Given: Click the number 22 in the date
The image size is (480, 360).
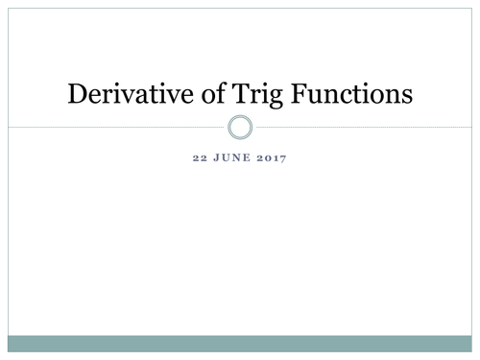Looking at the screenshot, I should (200, 158).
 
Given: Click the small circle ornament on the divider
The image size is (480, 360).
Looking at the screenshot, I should (241, 127).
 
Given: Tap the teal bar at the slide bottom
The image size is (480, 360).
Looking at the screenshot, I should (240, 344).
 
